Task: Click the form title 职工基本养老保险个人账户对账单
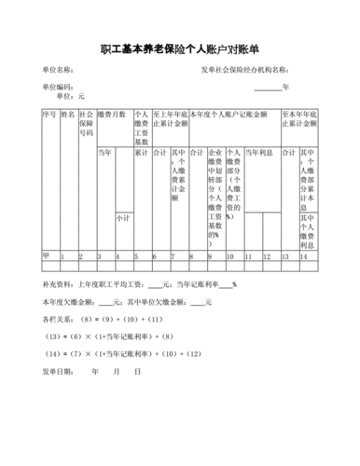point(179,48)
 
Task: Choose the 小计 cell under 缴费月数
point(122,217)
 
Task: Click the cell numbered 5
point(137,254)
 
